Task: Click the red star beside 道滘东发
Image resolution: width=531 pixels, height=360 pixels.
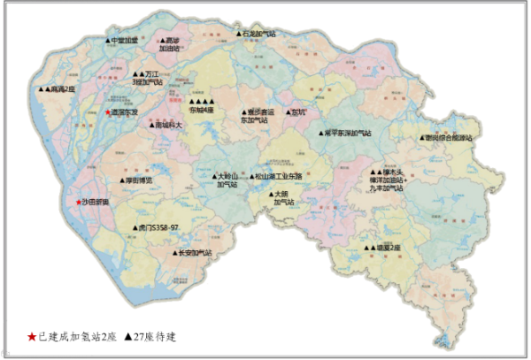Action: [108, 113]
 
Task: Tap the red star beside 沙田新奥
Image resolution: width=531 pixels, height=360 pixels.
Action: [80, 203]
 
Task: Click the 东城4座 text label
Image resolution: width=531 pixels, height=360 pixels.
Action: [202, 110]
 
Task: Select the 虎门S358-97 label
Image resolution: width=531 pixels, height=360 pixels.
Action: [154, 227]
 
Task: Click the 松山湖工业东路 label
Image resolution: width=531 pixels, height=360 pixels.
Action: [279, 176]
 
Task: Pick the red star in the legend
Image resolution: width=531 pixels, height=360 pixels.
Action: [32, 337]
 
